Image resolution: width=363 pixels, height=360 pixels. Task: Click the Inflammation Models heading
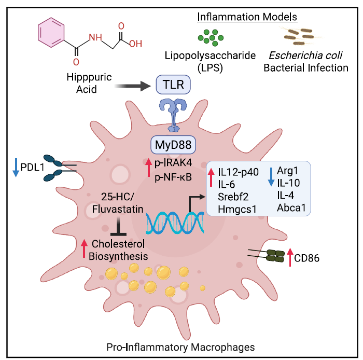pyautogui.click(x=247, y=17)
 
